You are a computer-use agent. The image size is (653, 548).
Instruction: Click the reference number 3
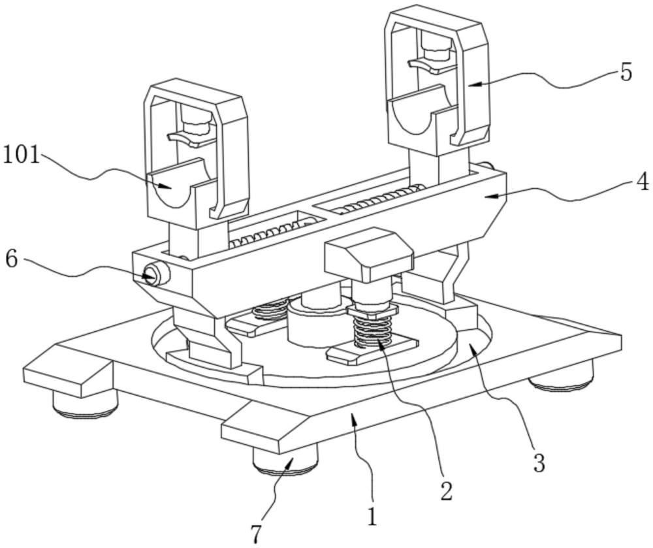(x=539, y=462)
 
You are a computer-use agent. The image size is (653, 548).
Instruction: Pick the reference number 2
(x=446, y=491)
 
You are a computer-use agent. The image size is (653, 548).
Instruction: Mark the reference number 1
(x=372, y=517)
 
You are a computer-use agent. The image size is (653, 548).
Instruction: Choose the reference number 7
(x=257, y=534)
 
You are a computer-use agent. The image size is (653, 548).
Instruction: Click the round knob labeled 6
(x=154, y=274)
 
